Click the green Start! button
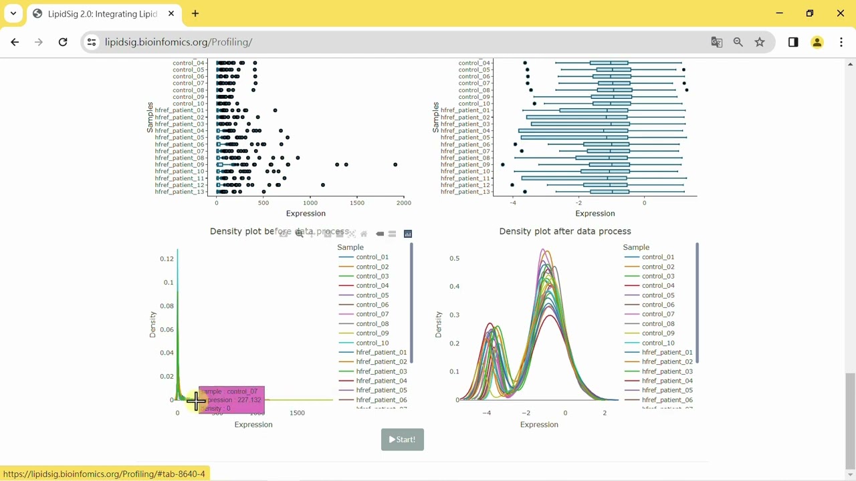click(x=402, y=440)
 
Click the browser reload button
click(x=63, y=42)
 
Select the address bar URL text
click(x=178, y=42)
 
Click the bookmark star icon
click(x=760, y=42)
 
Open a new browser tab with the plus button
click(x=195, y=13)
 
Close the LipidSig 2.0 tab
click(x=171, y=13)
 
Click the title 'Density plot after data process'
click(x=565, y=231)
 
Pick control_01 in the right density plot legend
click(x=658, y=257)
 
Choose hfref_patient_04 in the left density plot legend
click(x=381, y=381)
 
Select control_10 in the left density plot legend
click(x=372, y=343)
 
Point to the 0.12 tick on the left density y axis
click(x=167, y=259)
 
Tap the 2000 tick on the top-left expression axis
click(x=403, y=202)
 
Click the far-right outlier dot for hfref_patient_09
click(x=395, y=164)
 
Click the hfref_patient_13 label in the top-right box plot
click(x=465, y=192)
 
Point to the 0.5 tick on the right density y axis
click(x=454, y=258)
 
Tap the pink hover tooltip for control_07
click(x=231, y=399)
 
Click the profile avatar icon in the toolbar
click(x=817, y=42)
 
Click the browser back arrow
click(x=15, y=42)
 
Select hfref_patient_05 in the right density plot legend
click(x=667, y=390)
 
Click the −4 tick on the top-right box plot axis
click(x=513, y=202)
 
